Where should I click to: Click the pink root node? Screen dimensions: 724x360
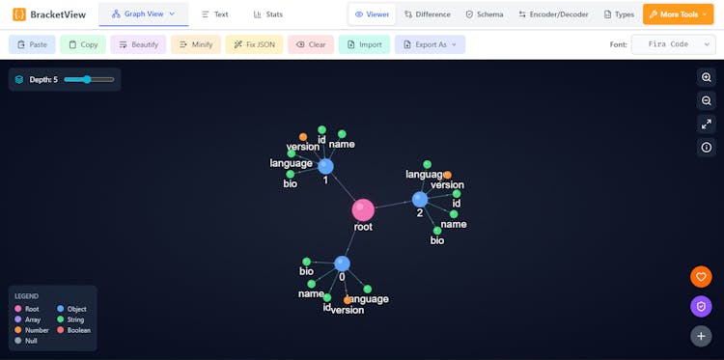click(363, 209)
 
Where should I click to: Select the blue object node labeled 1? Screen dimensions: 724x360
click(325, 166)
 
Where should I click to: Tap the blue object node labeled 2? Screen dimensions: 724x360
click(420, 199)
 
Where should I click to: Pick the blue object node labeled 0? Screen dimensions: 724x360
click(342, 263)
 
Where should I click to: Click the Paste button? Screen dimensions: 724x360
click(32, 44)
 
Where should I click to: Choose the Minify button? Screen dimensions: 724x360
click(196, 44)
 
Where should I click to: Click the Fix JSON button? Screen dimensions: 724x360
click(254, 44)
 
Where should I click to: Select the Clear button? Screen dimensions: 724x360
click(311, 44)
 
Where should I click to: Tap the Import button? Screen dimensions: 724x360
click(364, 44)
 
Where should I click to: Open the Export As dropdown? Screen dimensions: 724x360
click(430, 44)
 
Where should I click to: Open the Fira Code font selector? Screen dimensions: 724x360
click(673, 44)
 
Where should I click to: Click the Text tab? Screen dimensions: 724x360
click(215, 14)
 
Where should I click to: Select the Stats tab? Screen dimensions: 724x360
click(268, 14)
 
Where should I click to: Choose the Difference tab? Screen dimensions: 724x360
click(428, 14)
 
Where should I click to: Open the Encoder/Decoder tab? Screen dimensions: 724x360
click(554, 14)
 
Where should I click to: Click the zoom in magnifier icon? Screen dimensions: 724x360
click(706, 77)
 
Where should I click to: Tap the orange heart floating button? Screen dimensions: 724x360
click(702, 277)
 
